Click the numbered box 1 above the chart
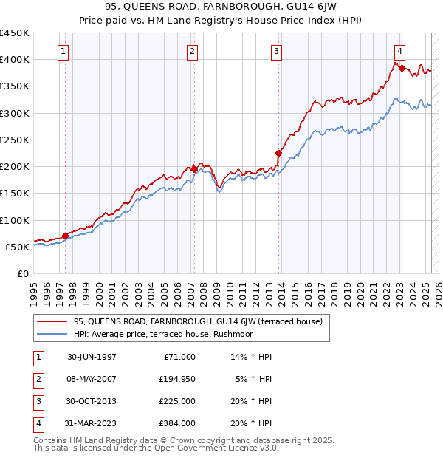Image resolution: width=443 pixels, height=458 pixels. point(64,52)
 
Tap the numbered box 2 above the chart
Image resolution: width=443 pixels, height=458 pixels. point(192,52)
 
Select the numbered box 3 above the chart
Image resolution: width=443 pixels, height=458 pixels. point(276,52)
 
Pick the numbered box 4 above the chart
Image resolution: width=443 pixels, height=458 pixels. point(399,52)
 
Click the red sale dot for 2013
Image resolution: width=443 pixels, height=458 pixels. point(279,154)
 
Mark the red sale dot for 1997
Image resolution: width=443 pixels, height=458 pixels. point(66,236)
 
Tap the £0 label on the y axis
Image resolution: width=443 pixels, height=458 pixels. point(22,273)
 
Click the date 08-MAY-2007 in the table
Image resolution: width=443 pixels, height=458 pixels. point(92,378)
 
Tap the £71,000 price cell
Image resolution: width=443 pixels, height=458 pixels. point(178,356)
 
